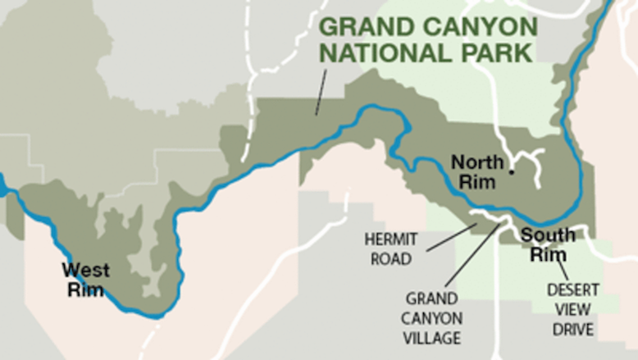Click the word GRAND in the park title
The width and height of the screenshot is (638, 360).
pyautogui.click(x=359, y=26)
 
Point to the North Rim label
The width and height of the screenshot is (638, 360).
pyautogui.click(x=477, y=171)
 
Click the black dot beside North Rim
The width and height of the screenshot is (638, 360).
pyautogui.click(x=511, y=172)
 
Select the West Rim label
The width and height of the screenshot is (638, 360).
pyautogui.click(x=84, y=278)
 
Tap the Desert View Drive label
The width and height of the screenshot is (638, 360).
pyautogui.click(x=572, y=309)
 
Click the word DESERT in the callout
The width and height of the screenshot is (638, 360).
pyautogui.click(x=573, y=289)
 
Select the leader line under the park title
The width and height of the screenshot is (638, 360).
pyautogui.click(x=321, y=92)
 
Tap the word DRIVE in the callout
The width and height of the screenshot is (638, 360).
pyautogui.click(x=572, y=329)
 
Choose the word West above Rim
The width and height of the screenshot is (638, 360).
pyautogui.click(x=84, y=269)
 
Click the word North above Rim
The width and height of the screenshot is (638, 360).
pyautogui.click(x=477, y=161)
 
